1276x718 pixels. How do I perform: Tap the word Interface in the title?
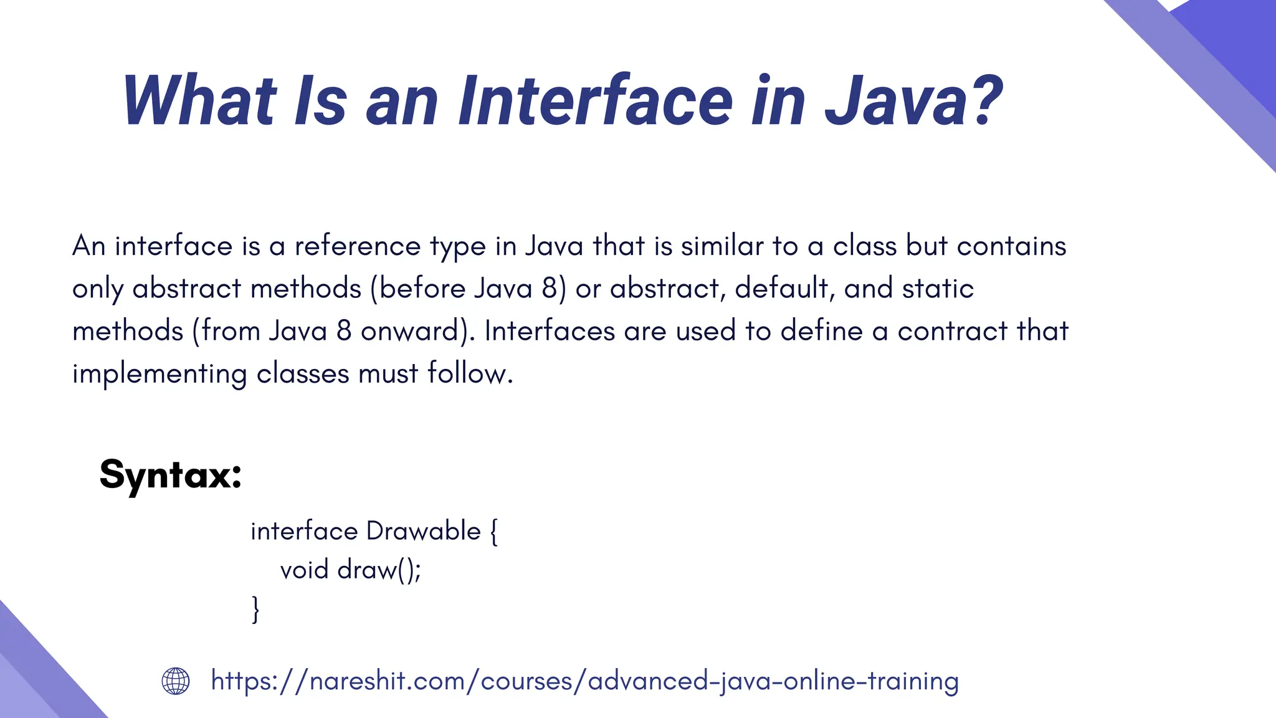[x=595, y=101]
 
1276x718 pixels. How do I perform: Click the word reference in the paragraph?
[x=358, y=246]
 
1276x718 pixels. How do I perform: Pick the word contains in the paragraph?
[x=1011, y=246]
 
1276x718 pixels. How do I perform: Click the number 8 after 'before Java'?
[x=549, y=289]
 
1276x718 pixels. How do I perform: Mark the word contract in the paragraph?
[x=952, y=331]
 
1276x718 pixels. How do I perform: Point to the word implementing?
[x=159, y=374]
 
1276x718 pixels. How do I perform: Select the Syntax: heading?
[x=170, y=475]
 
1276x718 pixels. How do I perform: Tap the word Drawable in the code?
[x=424, y=532]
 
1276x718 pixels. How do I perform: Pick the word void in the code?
[x=304, y=570]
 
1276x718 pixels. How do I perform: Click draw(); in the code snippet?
[x=379, y=570]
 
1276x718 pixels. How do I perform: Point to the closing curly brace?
[x=255, y=609]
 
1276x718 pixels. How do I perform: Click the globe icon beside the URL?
[x=176, y=681]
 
